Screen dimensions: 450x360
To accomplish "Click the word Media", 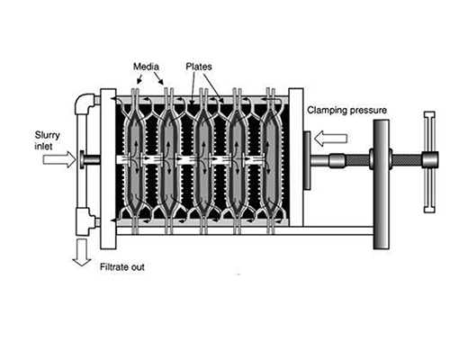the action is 146,67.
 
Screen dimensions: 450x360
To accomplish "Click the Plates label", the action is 199,67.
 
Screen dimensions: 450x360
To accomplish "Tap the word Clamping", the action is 327,111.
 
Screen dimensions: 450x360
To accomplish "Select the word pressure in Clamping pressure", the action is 367,111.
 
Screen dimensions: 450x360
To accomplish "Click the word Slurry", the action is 48,136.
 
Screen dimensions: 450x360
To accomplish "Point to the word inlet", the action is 43,147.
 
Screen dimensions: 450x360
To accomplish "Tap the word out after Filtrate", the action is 138,267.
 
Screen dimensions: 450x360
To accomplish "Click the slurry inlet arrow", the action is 59,159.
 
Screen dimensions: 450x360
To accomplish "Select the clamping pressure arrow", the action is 330,139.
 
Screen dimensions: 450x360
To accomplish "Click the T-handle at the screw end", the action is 430,162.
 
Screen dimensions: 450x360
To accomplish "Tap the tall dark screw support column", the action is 382,184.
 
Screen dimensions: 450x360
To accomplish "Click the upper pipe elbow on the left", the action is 85,103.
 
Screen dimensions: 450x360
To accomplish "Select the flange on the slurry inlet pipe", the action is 82,159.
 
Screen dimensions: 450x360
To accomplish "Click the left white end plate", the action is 108,168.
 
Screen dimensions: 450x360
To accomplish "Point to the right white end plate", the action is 296,157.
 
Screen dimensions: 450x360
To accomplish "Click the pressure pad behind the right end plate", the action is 307,160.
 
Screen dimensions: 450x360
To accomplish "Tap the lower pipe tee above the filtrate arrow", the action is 85,221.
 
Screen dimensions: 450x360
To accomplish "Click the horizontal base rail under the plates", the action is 245,230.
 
